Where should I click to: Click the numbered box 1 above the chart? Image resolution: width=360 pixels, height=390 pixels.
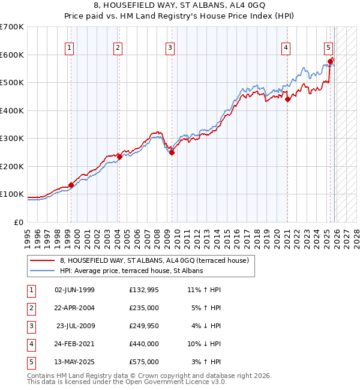(70, 48)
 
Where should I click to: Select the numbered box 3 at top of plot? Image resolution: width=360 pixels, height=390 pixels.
(170, 48)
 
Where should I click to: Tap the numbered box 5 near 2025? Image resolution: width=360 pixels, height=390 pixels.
(329, 48)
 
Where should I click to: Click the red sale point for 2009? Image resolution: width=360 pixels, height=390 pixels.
(172, 152)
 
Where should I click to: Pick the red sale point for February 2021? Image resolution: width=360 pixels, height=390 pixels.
(287, 100)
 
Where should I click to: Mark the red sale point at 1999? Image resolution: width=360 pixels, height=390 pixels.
(71, 185)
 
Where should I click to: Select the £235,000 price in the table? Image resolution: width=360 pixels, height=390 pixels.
(144, 307)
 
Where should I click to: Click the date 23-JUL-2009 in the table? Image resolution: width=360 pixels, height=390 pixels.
(76, 325)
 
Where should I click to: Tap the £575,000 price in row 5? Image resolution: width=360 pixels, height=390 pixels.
(144, 362)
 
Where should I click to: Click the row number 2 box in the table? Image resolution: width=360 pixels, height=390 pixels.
(30, 307)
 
